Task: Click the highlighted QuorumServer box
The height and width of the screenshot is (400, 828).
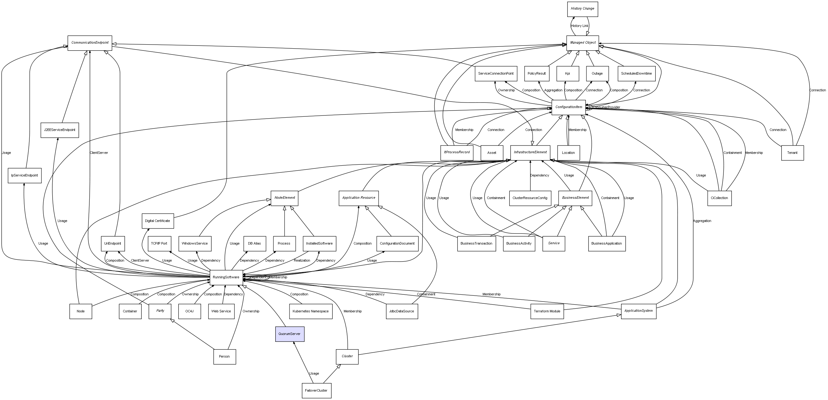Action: pyautogui.click(x=290, y=334)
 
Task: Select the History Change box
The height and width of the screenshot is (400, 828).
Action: pyautogui.click(x=582, y=9)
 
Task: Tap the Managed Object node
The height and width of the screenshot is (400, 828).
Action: pyautogui.click(x=582, y=43)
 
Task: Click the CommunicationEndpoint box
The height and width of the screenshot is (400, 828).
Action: pyautogui.click(x=90, y=43)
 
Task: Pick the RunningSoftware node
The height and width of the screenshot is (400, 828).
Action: pyautogui.click(x=226, y=277)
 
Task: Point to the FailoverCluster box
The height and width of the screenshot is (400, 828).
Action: pyautogui.click(x=316, y=390)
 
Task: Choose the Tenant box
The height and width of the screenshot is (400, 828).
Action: pyautogui.click(x=792, y=153)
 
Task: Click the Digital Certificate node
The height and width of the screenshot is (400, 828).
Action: pyautogui.click(x=157, y=221)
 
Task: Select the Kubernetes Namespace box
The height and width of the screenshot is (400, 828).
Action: pyautogui.click(x=311, y=311)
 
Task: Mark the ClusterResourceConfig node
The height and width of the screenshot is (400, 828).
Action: pyautogui.click(x=530, y=198)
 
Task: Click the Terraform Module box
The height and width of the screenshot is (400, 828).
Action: pyautogui.click(x=547, y=311)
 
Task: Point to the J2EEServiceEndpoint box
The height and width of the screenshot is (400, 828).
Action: pyautogui.click(x=59, y=130)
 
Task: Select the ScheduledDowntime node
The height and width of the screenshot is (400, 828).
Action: pyautogui.click(x=636, y=74)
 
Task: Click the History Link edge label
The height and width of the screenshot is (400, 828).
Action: pyautogui.click(x=580, y=26)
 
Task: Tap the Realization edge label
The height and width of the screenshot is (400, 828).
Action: pyautogui.click(x=302, y=260)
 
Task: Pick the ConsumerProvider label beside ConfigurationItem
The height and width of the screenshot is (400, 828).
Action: pyautogui.click(x=607, y=107)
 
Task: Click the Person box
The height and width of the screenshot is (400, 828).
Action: pyautogui.click(x=224, y=357)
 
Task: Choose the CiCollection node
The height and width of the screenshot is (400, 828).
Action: pyautogui.click(x=719, y=198)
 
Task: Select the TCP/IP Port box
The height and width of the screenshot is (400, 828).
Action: pyautogui.click(x=159, y=244)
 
